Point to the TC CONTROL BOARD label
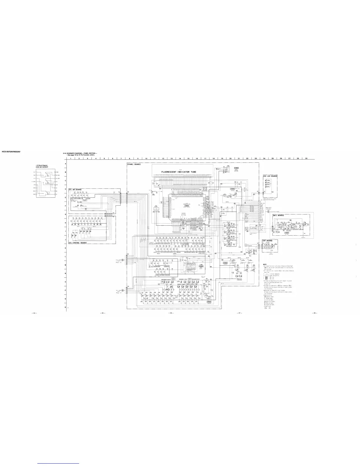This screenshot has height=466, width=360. click(x=77, y=243)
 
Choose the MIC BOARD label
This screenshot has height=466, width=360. click(x=278, y=215)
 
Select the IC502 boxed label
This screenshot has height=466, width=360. click(x=236, y=168)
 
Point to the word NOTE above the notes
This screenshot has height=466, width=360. click(x=265, y=264)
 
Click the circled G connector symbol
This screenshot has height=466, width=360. click(x=123, y=260)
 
